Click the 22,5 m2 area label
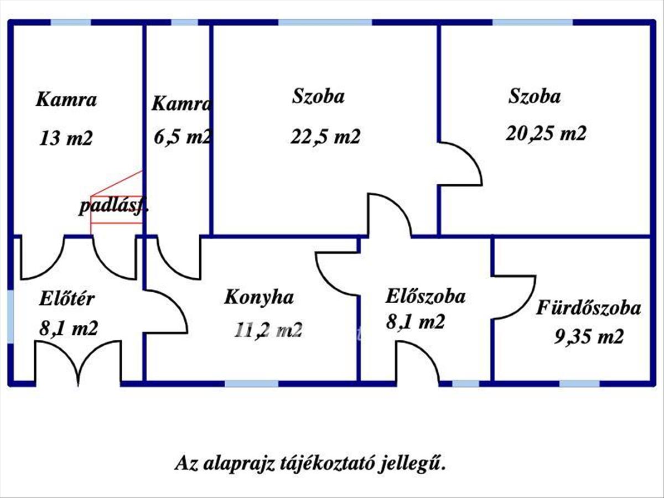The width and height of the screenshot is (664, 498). (325, 136)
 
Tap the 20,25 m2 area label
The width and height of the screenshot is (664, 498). (546, 133)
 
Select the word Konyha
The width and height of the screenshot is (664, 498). (258, 297)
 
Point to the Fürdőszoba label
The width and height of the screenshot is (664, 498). (589, 308)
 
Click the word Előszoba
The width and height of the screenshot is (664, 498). (425, 295)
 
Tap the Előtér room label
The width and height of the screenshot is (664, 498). (67, 299)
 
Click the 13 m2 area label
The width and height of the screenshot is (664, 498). (66, 138)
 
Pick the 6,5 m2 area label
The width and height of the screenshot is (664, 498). (183, 136)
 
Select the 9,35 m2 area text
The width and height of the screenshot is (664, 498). (589, 336)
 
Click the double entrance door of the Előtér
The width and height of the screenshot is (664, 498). (78, 362)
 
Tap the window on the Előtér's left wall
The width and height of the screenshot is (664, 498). (11, 316)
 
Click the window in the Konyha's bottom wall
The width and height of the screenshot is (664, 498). (251, 383)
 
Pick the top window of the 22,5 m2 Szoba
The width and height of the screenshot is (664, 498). (324, 23)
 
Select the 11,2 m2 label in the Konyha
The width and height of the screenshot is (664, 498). (268, 330)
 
